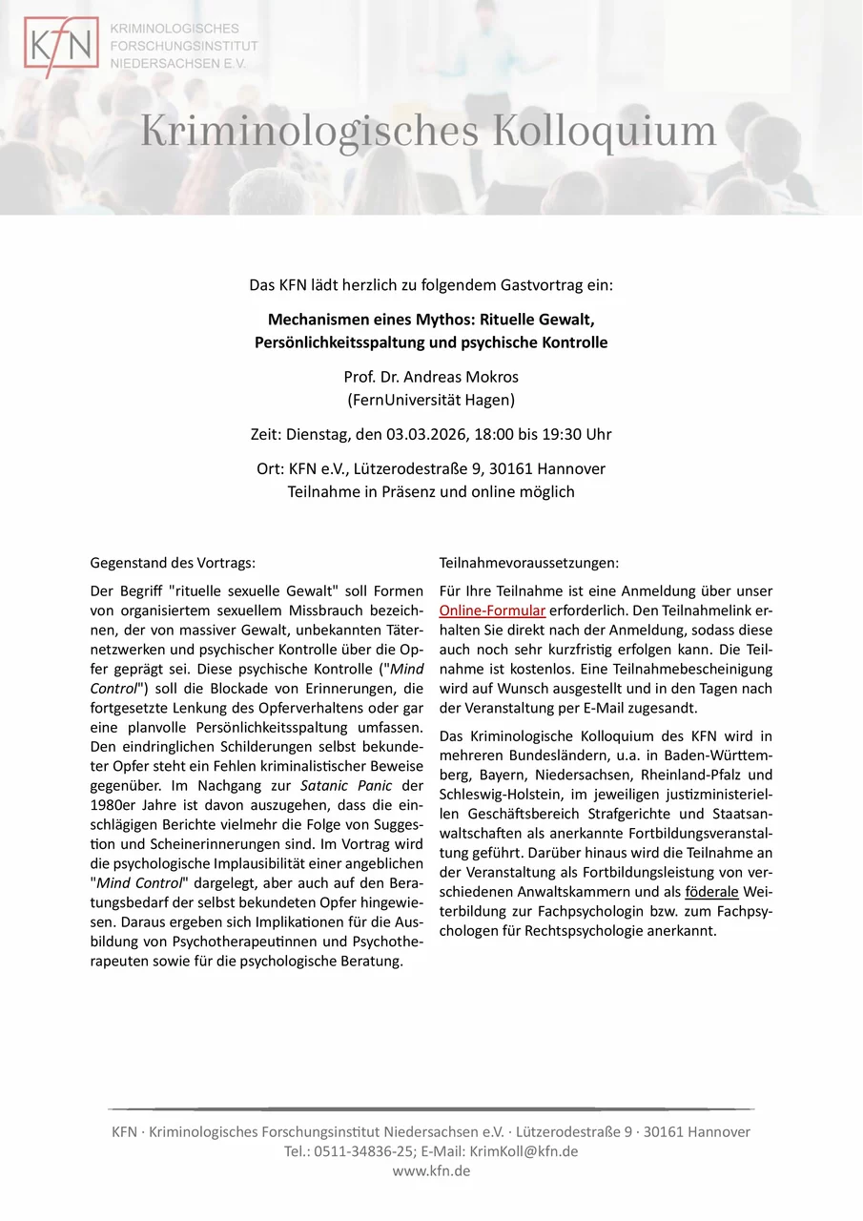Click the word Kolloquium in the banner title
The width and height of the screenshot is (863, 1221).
tap(604, 131)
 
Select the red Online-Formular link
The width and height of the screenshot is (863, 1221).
tap(492, 610)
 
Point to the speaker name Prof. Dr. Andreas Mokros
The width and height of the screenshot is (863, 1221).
tap(431, 378)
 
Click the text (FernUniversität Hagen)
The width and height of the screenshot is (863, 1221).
tap(431, 400)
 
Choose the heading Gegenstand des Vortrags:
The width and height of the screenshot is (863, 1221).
tap(173, 563)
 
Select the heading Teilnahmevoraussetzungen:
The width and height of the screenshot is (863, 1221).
tap(529, 563)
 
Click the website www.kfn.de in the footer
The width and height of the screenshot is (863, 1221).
tap(431, 1170)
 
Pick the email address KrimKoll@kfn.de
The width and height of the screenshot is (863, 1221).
tap(524, 1151)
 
